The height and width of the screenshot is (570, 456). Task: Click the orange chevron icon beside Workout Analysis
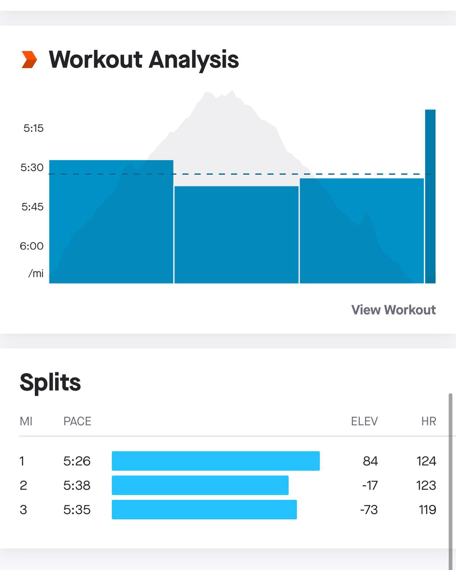pyautogui.click(x=29, y=60)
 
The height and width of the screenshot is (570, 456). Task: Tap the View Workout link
pyautogui.click(x=393, y=310)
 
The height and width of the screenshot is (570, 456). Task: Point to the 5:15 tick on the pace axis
pyautogui.click(x=33, y=128)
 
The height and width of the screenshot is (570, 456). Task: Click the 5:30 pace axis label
pyautogui.click(x=32, y=168)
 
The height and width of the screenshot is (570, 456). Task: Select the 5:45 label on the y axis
pyautogui.click(x=32, y=207)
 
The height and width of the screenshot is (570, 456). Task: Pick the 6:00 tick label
pyautogui.click(x=32, y=246)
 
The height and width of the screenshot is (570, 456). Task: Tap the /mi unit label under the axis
pyautogui.click(x=36, y=273)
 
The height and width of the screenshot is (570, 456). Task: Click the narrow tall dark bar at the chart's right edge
pyautogui.click(x=430, y=196)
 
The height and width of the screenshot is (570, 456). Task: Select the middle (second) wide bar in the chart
pyautogui.click(x=236, y=234)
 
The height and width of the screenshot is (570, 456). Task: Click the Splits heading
pyautogui.click(x=50, y=382)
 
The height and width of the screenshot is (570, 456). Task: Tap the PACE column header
pyautogui.click(x=77, y=421)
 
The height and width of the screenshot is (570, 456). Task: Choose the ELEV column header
pyautogui.click(x=364, y=421)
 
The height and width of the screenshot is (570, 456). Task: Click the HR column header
pyautogui.click(x=428, y=421)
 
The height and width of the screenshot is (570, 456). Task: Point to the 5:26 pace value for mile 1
pyautogui.click(x=77, y=461)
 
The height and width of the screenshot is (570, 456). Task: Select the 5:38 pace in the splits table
pyautogui.click(x=77, y=485)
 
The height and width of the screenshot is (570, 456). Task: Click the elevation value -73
pyautogui.click(x=369, y=510)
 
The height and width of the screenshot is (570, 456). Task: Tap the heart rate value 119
pyautogui.click(x=427, y=510)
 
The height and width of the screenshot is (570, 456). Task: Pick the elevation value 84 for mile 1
pyautogui.click(x=370, y=461)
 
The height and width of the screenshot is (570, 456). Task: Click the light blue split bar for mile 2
pyautogui.click(x=200, y=485)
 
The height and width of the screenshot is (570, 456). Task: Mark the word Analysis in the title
pyautogui.click(x=194, y=60)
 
